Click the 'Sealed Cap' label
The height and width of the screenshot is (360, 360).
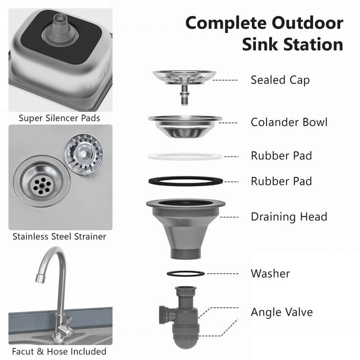280,80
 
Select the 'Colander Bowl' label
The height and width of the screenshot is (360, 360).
289,122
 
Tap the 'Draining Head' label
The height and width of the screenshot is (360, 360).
288,217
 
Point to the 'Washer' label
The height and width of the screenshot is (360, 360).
270,273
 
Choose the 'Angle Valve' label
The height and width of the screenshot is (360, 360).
281,312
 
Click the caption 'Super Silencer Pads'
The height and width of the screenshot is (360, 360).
59,118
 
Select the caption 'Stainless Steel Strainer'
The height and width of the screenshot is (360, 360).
59,236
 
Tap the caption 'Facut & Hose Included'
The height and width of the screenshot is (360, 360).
59,351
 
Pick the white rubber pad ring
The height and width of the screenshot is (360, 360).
185,157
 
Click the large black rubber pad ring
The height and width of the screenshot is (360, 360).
185,181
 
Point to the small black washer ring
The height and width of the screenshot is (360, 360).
185,274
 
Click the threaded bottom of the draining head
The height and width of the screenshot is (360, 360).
185,252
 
